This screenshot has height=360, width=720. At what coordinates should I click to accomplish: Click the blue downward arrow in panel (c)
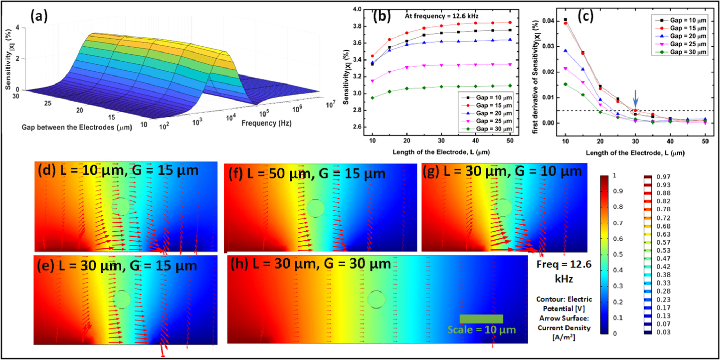click(x=635, y=98)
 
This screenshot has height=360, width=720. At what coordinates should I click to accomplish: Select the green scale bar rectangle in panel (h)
click(x=481, y=319)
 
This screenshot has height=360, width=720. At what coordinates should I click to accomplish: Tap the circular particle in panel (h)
click(x=376, y=299)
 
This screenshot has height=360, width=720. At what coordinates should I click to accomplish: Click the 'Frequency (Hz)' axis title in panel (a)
click(x=266, y=123)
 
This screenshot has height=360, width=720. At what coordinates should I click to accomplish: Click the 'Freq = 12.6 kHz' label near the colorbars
click(x=564, y=271)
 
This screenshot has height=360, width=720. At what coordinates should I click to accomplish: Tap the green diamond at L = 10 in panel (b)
click(x=372, y=98)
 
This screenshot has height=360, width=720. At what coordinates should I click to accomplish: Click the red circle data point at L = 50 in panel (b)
click(x=510, y=23)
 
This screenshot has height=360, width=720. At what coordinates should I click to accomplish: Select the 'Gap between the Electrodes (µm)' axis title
click(x=77, y=128)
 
